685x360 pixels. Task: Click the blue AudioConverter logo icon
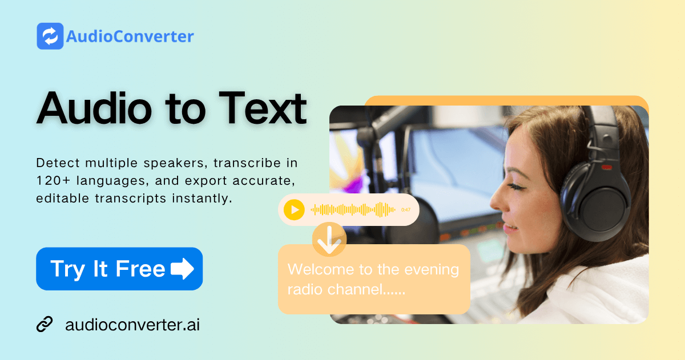click(x=50, y=36)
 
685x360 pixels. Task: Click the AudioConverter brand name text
click(x=130, y=37)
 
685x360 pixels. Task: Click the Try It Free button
click(x=119, y=269)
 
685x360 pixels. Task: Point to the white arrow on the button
click(x=182, y=269)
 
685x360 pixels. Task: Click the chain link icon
click(x=45, y=325)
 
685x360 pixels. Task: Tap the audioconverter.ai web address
click(x=132, y=325)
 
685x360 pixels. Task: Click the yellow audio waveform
click(x=353, y=210)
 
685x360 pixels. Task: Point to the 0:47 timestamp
click(x=406, y=210)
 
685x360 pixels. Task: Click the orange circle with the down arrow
click(x=329, y=239)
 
